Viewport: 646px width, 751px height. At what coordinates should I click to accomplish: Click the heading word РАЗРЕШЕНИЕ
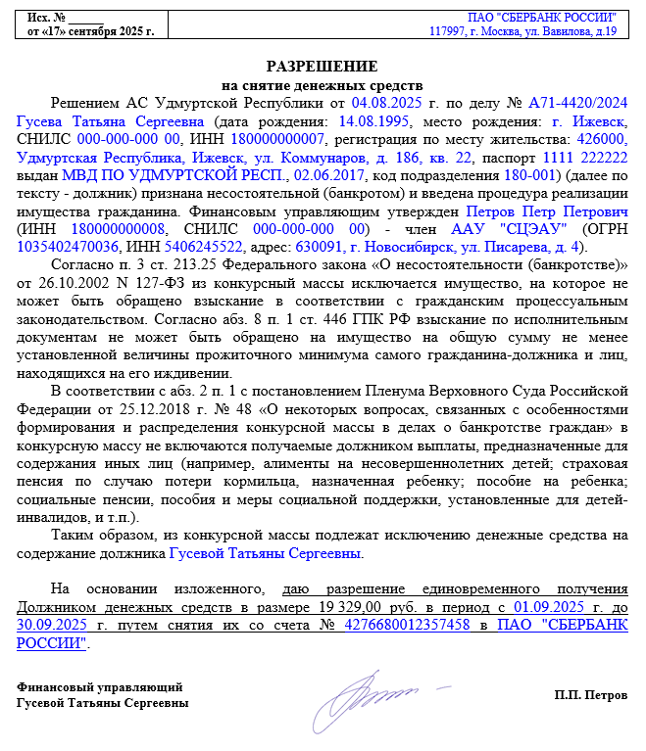323,67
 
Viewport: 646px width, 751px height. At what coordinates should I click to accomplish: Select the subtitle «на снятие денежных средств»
323,85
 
